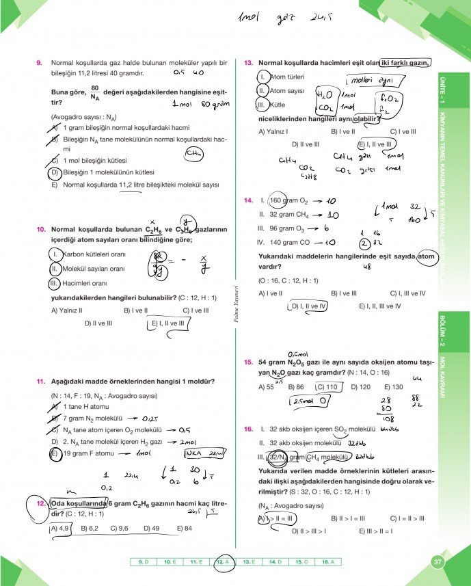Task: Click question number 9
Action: (39, 63)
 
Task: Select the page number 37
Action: (438, 562)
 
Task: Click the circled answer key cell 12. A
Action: (223, 562)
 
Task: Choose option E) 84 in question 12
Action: (183, 528)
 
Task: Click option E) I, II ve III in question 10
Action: (167, 323)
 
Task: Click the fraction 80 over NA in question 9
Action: (95, 92)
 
